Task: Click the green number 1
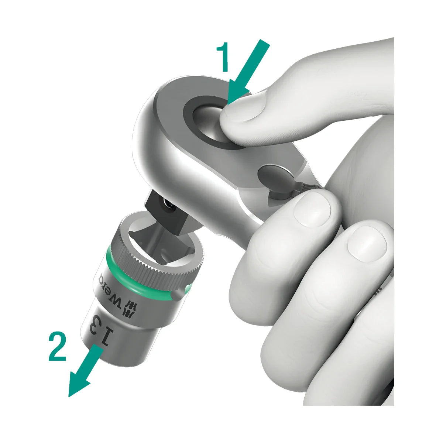(x=223, y=57)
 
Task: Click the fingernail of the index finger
(x=312, y=212)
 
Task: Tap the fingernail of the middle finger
(x=367, y=244)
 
